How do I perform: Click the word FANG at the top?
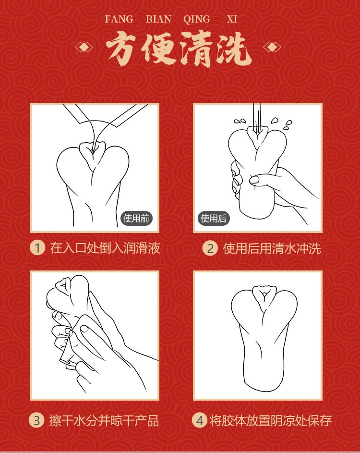[x=119, y=20]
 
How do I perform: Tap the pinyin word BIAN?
[x=158, y=20]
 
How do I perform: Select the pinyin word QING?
[x=196, y=20]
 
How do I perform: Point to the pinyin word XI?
[x=232, y=20]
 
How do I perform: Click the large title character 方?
[x=124, y=49]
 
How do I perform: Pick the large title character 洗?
[x=234, y=49]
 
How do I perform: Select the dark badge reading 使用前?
[x=136, y=219]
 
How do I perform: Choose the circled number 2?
[x=210, y=248]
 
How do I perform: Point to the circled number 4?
[x=199, y=421]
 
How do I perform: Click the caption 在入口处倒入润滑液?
[x=105, y=248]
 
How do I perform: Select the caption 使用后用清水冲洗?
[x=272, y=248]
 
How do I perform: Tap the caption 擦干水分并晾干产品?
[x=104, y=421]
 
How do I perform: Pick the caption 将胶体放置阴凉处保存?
[x=271, y=421]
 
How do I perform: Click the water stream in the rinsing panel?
[x=257, y=118]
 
